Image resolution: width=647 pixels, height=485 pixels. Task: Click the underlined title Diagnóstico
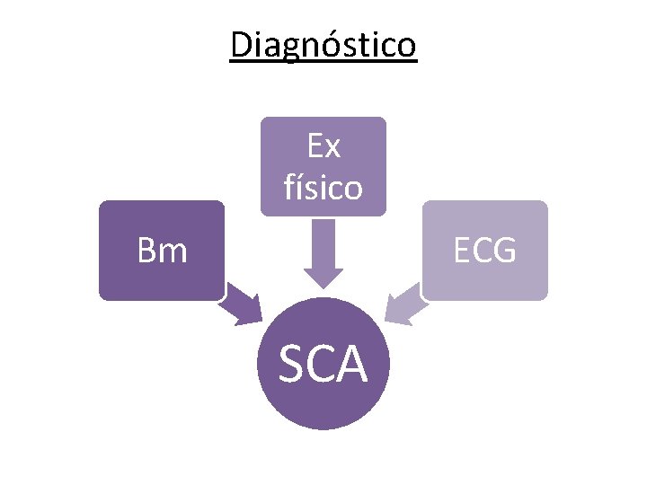323,44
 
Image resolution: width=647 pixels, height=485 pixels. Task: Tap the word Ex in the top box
323,145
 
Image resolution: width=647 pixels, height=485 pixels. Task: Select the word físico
323,187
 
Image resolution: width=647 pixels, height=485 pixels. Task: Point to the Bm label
162,251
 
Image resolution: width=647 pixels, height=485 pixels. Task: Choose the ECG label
484,251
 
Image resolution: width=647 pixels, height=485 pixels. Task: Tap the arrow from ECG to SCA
404,302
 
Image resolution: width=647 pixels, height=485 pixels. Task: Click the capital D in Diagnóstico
241,44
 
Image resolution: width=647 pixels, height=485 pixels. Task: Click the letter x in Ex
332,146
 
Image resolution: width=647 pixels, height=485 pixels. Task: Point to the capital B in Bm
146,251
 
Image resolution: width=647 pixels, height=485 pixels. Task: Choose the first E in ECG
462,251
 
